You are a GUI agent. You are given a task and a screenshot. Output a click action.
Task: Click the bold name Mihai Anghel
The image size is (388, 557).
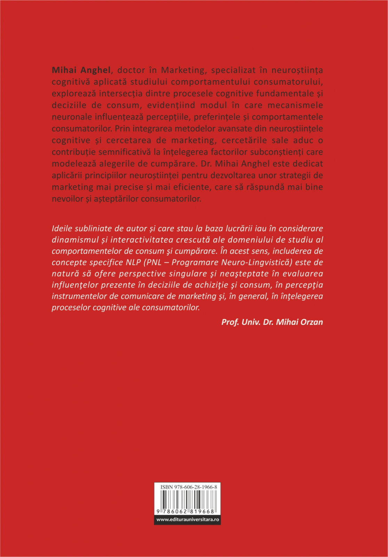click(x=81, y=70)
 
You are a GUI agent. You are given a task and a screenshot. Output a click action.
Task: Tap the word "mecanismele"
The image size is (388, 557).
click(x=299, y=105)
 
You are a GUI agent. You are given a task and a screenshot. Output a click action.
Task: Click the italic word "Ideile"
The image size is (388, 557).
click(x=62, y=229)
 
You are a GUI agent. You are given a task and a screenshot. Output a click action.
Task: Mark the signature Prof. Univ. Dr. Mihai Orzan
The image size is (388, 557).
click(x=272, y=322)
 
